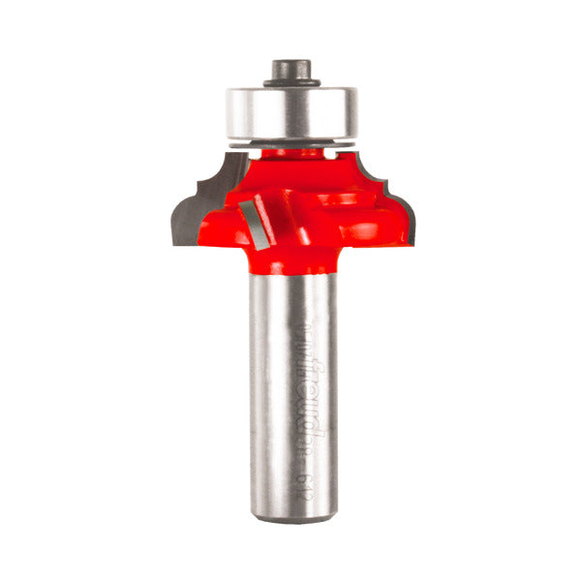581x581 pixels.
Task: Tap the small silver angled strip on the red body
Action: tap(256, 219)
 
